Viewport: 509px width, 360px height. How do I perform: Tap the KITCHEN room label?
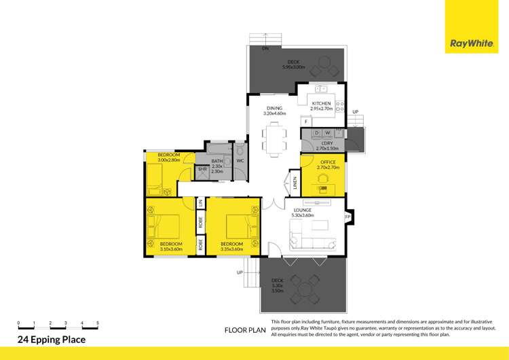pos(321,103)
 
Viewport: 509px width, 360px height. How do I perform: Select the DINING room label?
pos(274,108)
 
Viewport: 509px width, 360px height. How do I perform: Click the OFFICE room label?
pos(327,162)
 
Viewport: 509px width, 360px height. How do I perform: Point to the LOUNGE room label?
pos(302,211)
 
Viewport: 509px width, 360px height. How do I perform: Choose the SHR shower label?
pos(202,169)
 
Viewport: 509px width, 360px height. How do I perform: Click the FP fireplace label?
pos(347,217)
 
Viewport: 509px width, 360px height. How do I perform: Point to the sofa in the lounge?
pos(312,240)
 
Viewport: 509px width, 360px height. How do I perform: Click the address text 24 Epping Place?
pos(52,340)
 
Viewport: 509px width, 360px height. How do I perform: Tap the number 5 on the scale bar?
pos(98,323)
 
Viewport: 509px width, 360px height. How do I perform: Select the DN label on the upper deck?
pos(265,49)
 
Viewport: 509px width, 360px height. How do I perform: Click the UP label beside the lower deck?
pos(240,272)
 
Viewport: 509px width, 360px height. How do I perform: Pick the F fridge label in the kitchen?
pos(306,121)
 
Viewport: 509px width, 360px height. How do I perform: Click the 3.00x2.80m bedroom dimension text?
pos(168,160)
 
